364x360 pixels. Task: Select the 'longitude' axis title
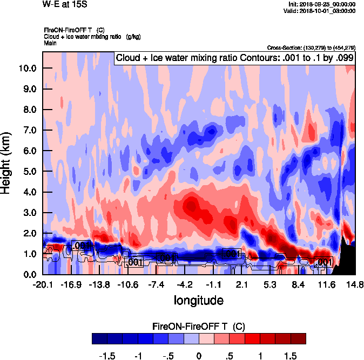(x=199, y=300)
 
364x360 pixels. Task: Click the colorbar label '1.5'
(x=291, y=356)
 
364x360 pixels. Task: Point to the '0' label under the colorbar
(x=199, y=356)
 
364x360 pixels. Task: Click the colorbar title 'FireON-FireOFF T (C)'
(x=199, y=327)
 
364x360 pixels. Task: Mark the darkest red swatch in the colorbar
(x=298, y=339)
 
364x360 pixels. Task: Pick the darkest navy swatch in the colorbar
(x=99, y=339)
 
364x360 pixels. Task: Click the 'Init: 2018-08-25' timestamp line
(x=322, y=4)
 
